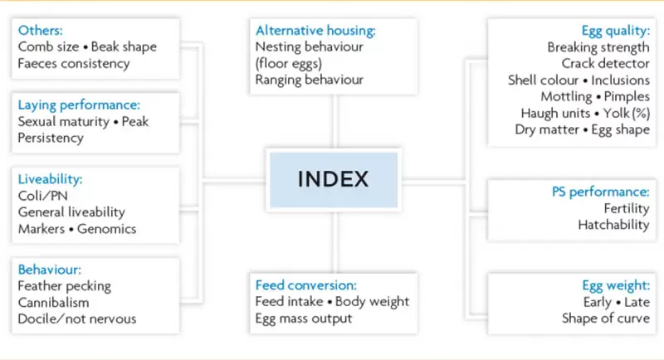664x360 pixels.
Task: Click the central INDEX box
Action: click(334, 180)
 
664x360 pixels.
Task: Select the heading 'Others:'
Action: click(40, 31)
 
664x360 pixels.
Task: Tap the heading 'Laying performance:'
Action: click(79, 105)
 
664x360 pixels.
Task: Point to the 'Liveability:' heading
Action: click(50, 179)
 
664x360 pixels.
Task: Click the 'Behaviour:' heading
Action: click(50, 270)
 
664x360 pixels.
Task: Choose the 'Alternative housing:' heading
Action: click(315, 31)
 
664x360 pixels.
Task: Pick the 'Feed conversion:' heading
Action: click(305, 285)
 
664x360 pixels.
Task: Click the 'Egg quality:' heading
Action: click(615, 31)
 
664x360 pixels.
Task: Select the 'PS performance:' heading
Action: click(600, 192)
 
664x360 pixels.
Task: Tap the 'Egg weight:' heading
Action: click(616, 285)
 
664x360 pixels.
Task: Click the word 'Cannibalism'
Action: click(53, 303)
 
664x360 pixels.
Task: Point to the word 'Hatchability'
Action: click(613, 225)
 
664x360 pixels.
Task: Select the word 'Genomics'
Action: click(107, 229)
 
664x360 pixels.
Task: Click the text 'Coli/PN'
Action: click(43, 196)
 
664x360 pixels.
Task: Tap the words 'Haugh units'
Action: click(555, 114)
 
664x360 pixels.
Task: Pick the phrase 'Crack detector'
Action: click(606, 63)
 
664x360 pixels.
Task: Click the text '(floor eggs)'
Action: click(289, 63)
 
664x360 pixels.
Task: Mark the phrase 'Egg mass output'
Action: click(304, 319)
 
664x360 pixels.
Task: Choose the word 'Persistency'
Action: click(51, 139)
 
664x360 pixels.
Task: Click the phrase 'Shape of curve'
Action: click(606, 319)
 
